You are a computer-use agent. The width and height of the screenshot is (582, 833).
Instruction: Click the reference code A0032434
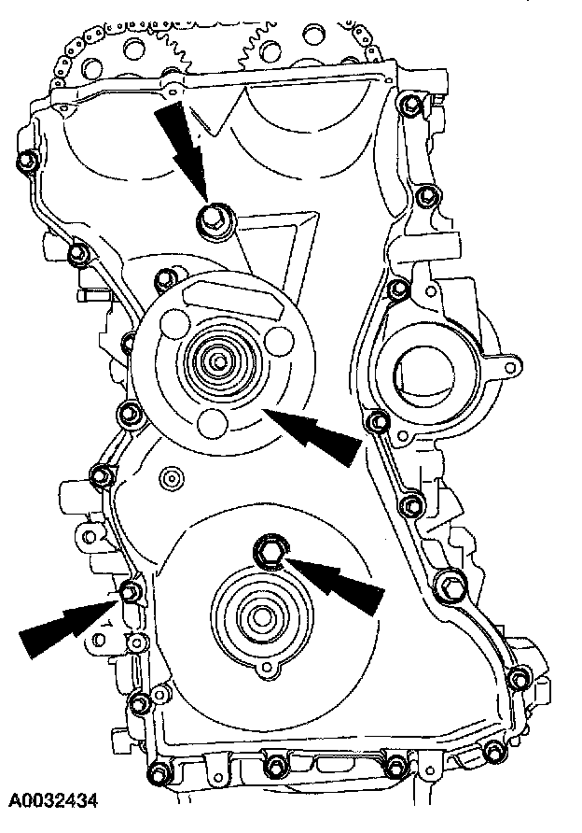[x=54, y=800]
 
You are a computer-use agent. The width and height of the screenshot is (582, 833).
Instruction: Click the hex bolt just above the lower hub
[x=270, y=550]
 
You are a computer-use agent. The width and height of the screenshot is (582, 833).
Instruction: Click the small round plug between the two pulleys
[x=169, y=478]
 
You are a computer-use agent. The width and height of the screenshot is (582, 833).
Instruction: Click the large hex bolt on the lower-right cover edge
[x=447, y=588]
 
